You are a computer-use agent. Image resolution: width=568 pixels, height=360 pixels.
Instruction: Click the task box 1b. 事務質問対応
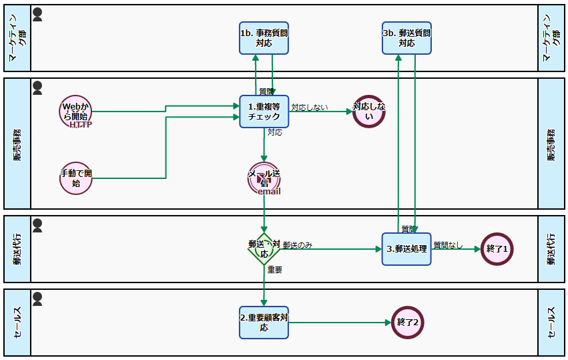[x=264, y=37]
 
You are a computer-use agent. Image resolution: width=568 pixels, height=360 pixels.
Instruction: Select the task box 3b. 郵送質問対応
[x=407, y=37]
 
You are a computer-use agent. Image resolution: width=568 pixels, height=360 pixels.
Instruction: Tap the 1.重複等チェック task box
[x=264, y=111]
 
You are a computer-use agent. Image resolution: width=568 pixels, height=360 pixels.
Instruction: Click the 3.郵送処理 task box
[x=407, y=248]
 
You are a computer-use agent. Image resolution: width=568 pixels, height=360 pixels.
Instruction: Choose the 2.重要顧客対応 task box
[x=264, y=323]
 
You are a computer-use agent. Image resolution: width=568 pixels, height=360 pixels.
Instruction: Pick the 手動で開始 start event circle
[x=75, y=178]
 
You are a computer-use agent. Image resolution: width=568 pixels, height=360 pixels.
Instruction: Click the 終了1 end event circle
[x=497, y=248]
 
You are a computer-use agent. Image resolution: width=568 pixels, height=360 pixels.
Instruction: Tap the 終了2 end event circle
[x=408, y=323]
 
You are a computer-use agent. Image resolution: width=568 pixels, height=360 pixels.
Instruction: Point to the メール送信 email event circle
[x=264, y=178]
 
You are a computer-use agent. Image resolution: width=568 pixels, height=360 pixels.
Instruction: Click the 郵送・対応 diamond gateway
[x=264, y=249]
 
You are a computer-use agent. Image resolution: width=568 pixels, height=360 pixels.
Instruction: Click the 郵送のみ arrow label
[x=298, y=245]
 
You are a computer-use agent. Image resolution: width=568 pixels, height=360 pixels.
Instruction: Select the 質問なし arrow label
[x=448, y=244]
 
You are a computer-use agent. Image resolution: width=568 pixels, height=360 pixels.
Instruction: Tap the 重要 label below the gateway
[x=275, y=270]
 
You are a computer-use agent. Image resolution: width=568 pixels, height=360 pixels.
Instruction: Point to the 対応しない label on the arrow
[x=310, y=107]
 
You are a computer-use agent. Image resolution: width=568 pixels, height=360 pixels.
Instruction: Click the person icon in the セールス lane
[x=37, y=299]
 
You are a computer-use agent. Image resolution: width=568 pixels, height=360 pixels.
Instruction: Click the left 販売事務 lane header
[x=17, y=144]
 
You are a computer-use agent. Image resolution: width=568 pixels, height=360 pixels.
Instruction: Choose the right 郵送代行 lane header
[x=551, y=248]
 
